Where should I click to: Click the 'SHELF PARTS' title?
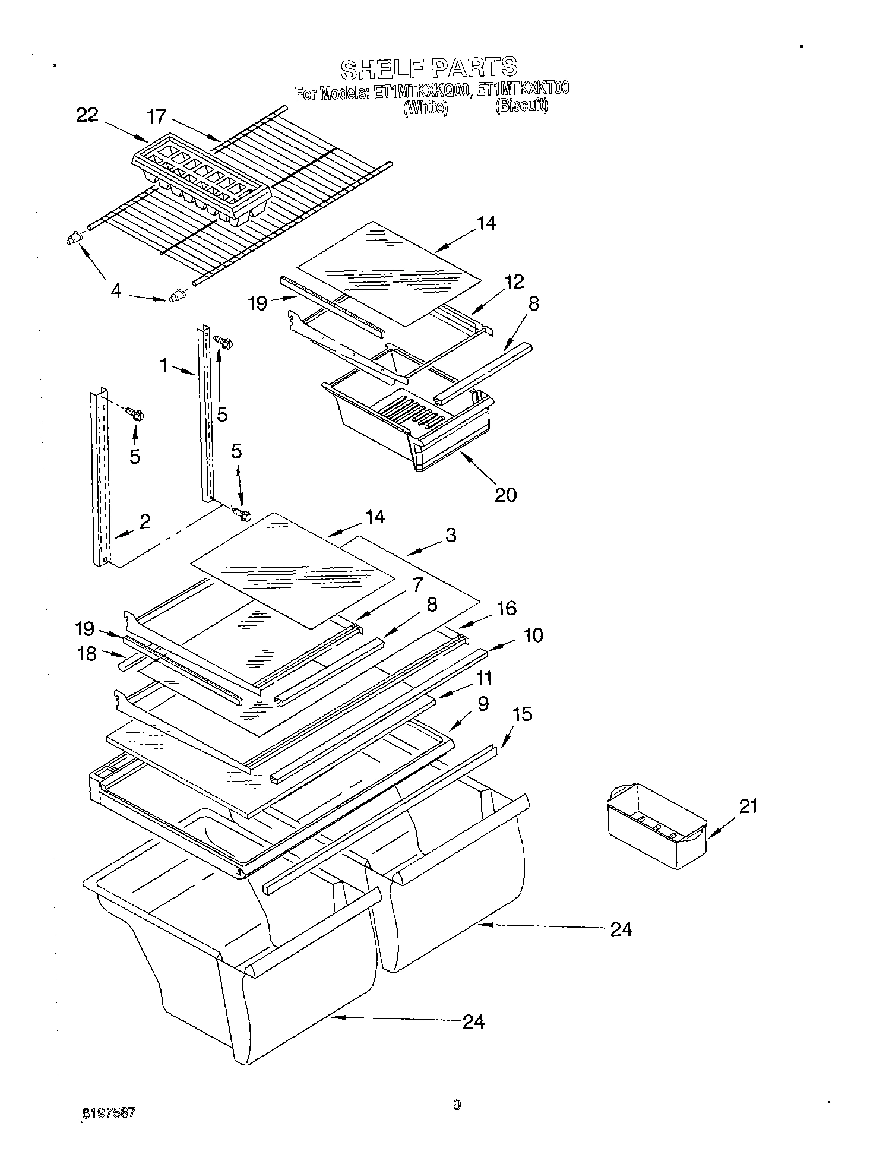429,68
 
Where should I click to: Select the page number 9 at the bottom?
456,1105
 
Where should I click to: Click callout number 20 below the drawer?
505,494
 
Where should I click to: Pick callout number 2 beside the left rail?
144,521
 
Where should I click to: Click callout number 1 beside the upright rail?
164,365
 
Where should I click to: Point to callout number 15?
522,714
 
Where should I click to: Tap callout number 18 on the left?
87,654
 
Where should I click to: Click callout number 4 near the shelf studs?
116,291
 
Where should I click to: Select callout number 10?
533,635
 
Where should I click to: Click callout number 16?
507,608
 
